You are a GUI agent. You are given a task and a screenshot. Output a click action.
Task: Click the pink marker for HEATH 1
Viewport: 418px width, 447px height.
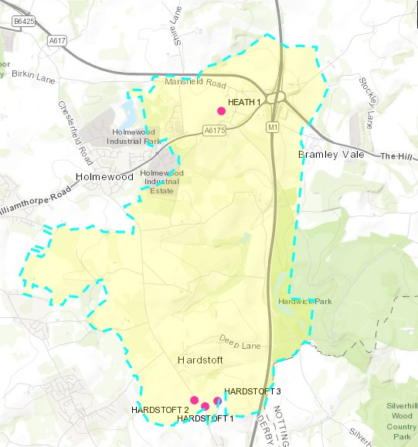222,111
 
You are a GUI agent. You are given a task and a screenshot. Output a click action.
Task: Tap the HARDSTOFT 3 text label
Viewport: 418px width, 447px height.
252,392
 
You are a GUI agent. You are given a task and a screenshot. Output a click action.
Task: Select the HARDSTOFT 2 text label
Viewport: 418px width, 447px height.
160,408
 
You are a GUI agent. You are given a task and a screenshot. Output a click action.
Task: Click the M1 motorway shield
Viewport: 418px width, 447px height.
272,125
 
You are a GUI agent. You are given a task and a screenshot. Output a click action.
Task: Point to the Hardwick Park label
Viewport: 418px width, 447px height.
305,302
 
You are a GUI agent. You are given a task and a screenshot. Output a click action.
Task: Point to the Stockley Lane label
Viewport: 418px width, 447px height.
367,101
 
